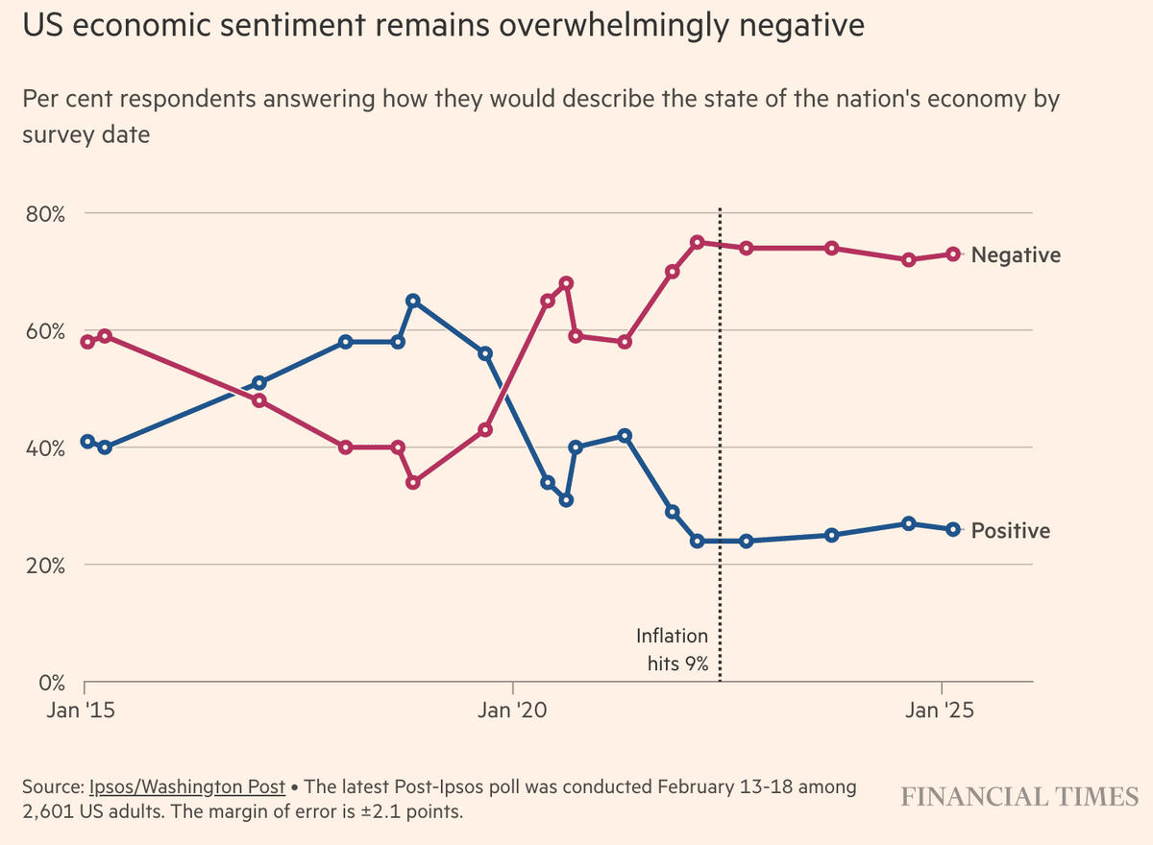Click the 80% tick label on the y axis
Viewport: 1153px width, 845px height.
(45, 213)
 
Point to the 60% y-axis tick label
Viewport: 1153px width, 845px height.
(45, 330)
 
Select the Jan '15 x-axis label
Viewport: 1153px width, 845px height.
(86, 712)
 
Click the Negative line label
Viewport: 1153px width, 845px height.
(1016, 255)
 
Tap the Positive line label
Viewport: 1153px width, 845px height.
(1011, 531)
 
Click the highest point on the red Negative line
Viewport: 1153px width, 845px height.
(698, 242)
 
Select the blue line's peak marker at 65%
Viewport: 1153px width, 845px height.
(412, 301)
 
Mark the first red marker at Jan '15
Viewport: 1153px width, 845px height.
(87, 342)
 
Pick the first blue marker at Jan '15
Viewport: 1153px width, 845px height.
(87, 442)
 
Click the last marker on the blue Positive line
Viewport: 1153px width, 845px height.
(953, 529)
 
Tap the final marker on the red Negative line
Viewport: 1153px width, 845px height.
(953, 254)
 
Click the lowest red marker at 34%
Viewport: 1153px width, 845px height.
(412, 482)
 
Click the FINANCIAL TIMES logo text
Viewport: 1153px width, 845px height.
(1019, 797)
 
